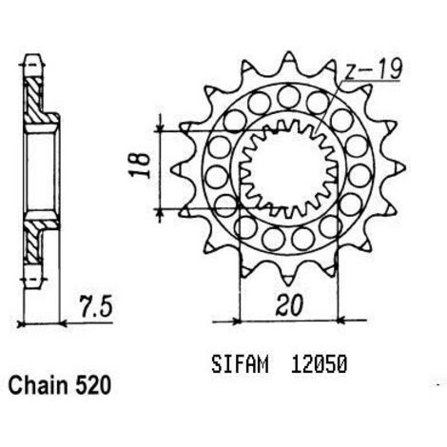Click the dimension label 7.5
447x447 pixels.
96,307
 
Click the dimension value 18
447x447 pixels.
140,165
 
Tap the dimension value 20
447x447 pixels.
289,305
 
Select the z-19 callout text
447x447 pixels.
374,68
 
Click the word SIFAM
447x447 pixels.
240,364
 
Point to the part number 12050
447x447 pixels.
319,364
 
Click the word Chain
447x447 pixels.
38,386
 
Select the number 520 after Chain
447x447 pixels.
93,386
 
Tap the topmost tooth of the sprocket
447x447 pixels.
288,60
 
